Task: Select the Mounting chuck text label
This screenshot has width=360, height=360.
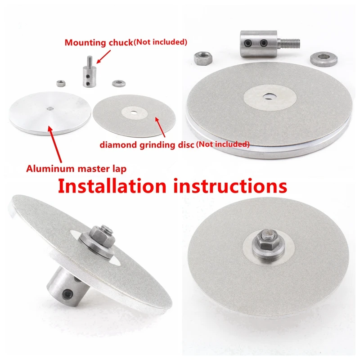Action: [x=99, y=43]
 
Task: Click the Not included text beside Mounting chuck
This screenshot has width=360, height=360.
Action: [x=160, y=43]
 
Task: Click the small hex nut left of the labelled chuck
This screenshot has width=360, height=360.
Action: [x=60, y=82]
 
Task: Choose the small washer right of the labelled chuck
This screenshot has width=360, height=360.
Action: [x=119, y=83]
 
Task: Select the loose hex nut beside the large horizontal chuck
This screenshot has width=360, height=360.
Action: [x=201, y=58]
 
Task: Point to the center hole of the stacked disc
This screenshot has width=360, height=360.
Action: [x=269, y=95]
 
